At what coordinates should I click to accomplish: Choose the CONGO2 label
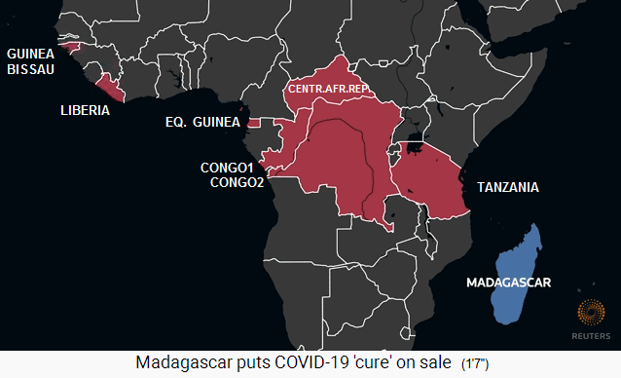tap(237, 182)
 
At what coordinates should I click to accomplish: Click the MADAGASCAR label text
tap(509, 283)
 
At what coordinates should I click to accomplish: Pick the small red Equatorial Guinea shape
tap(254, 124)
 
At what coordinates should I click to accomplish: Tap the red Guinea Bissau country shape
tap(68, 45)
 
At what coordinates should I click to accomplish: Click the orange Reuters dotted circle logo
tap(592, 313)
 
